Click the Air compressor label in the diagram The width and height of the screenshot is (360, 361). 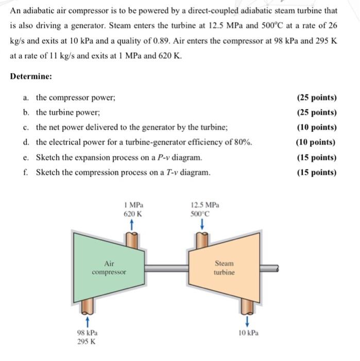[x=109, y=267]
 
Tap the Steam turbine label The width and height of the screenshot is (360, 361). [x=224, y=267]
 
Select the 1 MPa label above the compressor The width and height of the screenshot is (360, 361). [x=133, y=205]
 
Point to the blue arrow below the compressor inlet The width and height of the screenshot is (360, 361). [x=87, y=322]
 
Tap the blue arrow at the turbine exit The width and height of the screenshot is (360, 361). [x=248, y=322]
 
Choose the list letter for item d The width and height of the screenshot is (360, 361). [x=26, y=142]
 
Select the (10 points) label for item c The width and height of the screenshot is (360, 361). [x=316, y=127]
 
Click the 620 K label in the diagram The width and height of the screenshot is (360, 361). [x=133, y=213]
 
